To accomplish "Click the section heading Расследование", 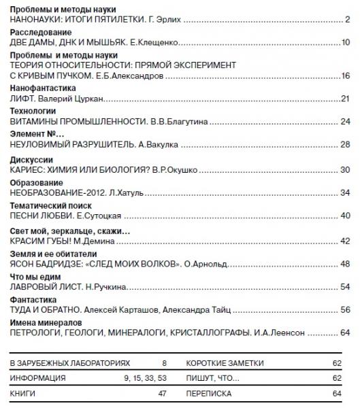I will click(x=40, y=32).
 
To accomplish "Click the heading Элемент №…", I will click(x=38, y=133).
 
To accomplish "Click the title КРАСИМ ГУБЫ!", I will click(x=44, y=241).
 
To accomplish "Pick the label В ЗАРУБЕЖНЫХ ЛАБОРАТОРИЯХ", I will click(x=71, y=364).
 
